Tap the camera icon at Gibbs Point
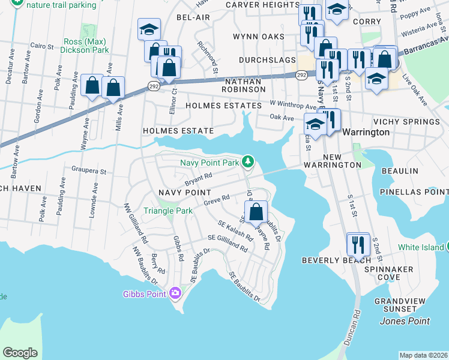[175, 293]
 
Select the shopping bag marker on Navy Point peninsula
[256, 212]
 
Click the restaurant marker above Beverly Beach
[358, 244]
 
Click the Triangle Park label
[168, 211]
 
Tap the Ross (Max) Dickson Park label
[86, 46]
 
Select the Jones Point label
[405, 321]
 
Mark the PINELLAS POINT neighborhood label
[414, 192]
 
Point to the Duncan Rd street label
[356, 326]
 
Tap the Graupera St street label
[89, 171]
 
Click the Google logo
[20, 353]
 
